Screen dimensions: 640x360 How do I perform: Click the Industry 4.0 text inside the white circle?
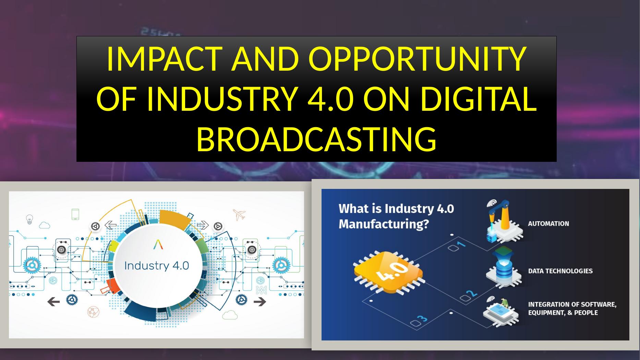tap(156, 266)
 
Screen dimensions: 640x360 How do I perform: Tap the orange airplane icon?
tap(239, 214)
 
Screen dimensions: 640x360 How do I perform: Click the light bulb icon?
tap(30, 219)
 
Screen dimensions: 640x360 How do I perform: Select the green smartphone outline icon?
tap(75, 214)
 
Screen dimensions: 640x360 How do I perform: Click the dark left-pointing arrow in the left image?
tap(53, 302)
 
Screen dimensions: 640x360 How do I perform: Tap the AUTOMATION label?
tap(548, 224)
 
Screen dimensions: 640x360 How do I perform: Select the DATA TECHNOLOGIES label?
tap(560, 271)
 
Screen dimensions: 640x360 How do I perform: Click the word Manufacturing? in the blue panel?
tap(384, 225)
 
